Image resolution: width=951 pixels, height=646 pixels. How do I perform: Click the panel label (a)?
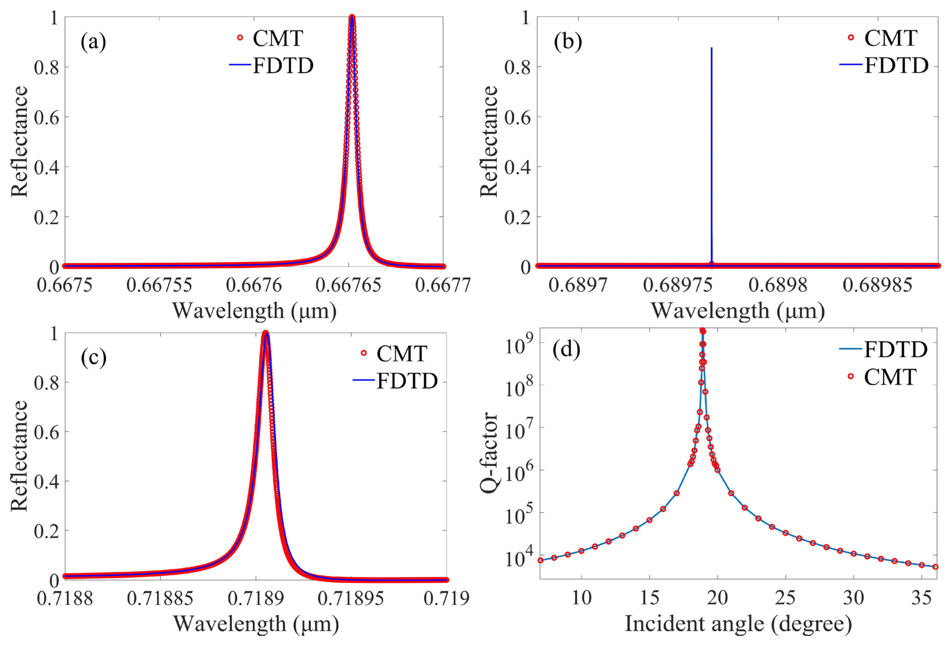(93, 42)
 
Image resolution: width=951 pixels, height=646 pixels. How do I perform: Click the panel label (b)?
(568, 42)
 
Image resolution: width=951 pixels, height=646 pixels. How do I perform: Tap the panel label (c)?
(94, 357)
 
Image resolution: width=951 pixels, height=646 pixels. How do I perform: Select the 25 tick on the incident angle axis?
(785, 598)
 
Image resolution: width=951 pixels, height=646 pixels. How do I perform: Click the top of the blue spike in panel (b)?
(712, 48)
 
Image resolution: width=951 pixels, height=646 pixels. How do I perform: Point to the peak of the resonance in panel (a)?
(352, 17)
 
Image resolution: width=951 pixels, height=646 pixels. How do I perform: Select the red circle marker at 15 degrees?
(649, 520)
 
